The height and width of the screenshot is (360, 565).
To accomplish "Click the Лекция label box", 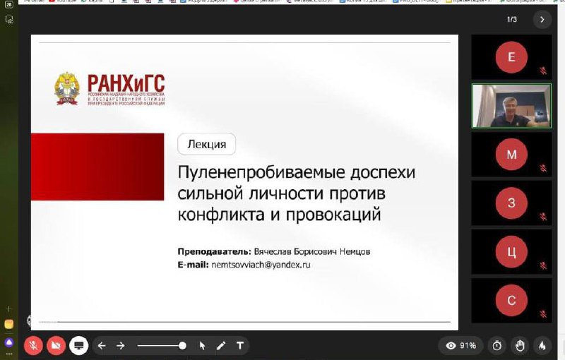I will tap(206, 144).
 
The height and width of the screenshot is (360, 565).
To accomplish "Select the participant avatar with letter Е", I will tap(511, 57).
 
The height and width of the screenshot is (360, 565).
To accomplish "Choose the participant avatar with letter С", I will tap(511, 301).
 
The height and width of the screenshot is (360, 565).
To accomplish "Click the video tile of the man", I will tap(511, 106).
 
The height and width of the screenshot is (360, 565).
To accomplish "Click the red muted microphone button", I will tap(32, 345).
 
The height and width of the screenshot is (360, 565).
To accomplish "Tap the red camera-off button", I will tap(55, 345).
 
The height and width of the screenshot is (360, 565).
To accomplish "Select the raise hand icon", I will tap(519, 345).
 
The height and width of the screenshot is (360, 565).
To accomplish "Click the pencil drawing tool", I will tap(221, 345).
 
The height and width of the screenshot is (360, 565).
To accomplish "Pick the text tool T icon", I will tap(240, 345).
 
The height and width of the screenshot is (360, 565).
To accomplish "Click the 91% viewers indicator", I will tap(460, 345).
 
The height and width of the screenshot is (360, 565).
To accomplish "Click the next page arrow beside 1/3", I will tap(542, 19).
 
